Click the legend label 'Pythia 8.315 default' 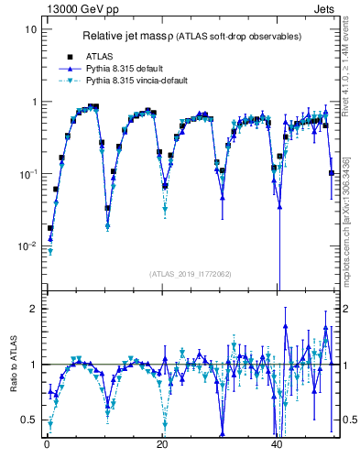(131, 69)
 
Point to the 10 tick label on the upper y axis (30, 29)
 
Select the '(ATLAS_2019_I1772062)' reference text (191, 273)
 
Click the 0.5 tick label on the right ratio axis (349, 420)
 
